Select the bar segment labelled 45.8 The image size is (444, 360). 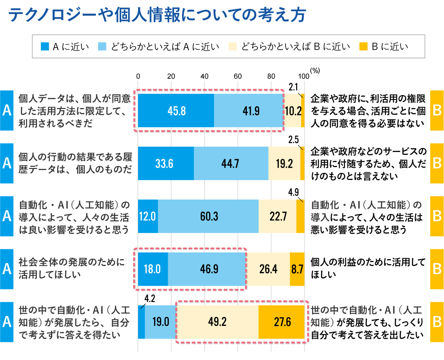pyautogui.click(x=176, y=111)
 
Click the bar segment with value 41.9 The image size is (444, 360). pyautogui.click(x=248, y=111)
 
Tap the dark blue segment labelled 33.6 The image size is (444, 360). pyautogui.click(x=166, y=163)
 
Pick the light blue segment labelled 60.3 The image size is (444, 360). pyautogui.click(x=208, y=216)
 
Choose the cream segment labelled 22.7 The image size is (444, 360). pyautogui.click(x=277, y=216)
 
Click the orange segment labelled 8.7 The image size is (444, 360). pyautogui.click(x=297, y=269)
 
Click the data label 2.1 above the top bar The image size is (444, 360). pyautogui.click(x=293, y=87)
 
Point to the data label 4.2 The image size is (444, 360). pyautogui.click(x=150, y=298)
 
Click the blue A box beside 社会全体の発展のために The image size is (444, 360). pyautogui.click(x=7, y=269)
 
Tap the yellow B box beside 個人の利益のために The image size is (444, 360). pyautogui.click(x=436, y=269)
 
